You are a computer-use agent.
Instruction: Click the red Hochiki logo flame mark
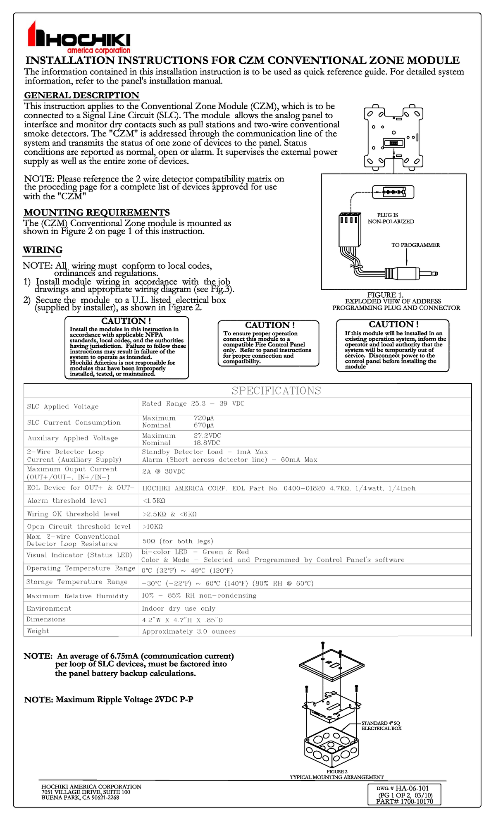[37, 35]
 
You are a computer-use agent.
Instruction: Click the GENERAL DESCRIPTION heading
[81, 95]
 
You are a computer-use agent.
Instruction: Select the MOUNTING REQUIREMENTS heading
[96, 213]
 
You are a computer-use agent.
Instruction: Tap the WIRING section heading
[43, 250]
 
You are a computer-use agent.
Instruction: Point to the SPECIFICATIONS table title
[276, 391]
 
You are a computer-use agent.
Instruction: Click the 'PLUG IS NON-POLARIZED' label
[391, 218]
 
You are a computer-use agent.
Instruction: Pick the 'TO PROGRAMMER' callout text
[415, 245]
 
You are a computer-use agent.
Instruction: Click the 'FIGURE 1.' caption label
[385, 295]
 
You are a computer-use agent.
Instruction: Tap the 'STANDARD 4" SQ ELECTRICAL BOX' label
[382, 726]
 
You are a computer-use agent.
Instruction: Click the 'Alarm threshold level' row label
[67, 501]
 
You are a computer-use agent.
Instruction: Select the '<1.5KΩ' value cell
[154, 501]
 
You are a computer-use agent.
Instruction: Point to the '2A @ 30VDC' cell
[164, 471]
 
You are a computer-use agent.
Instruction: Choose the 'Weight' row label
[38, 631]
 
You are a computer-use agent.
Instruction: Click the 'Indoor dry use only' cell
[179, 609]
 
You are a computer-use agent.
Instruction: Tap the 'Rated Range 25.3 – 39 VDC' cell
[193, 404]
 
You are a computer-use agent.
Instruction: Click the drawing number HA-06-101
[412, 788]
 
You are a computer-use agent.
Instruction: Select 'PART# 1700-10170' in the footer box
[405, 801]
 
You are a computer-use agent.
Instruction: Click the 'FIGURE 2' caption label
[337, 772]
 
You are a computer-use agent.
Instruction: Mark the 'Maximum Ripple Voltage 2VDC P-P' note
[109, 700]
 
